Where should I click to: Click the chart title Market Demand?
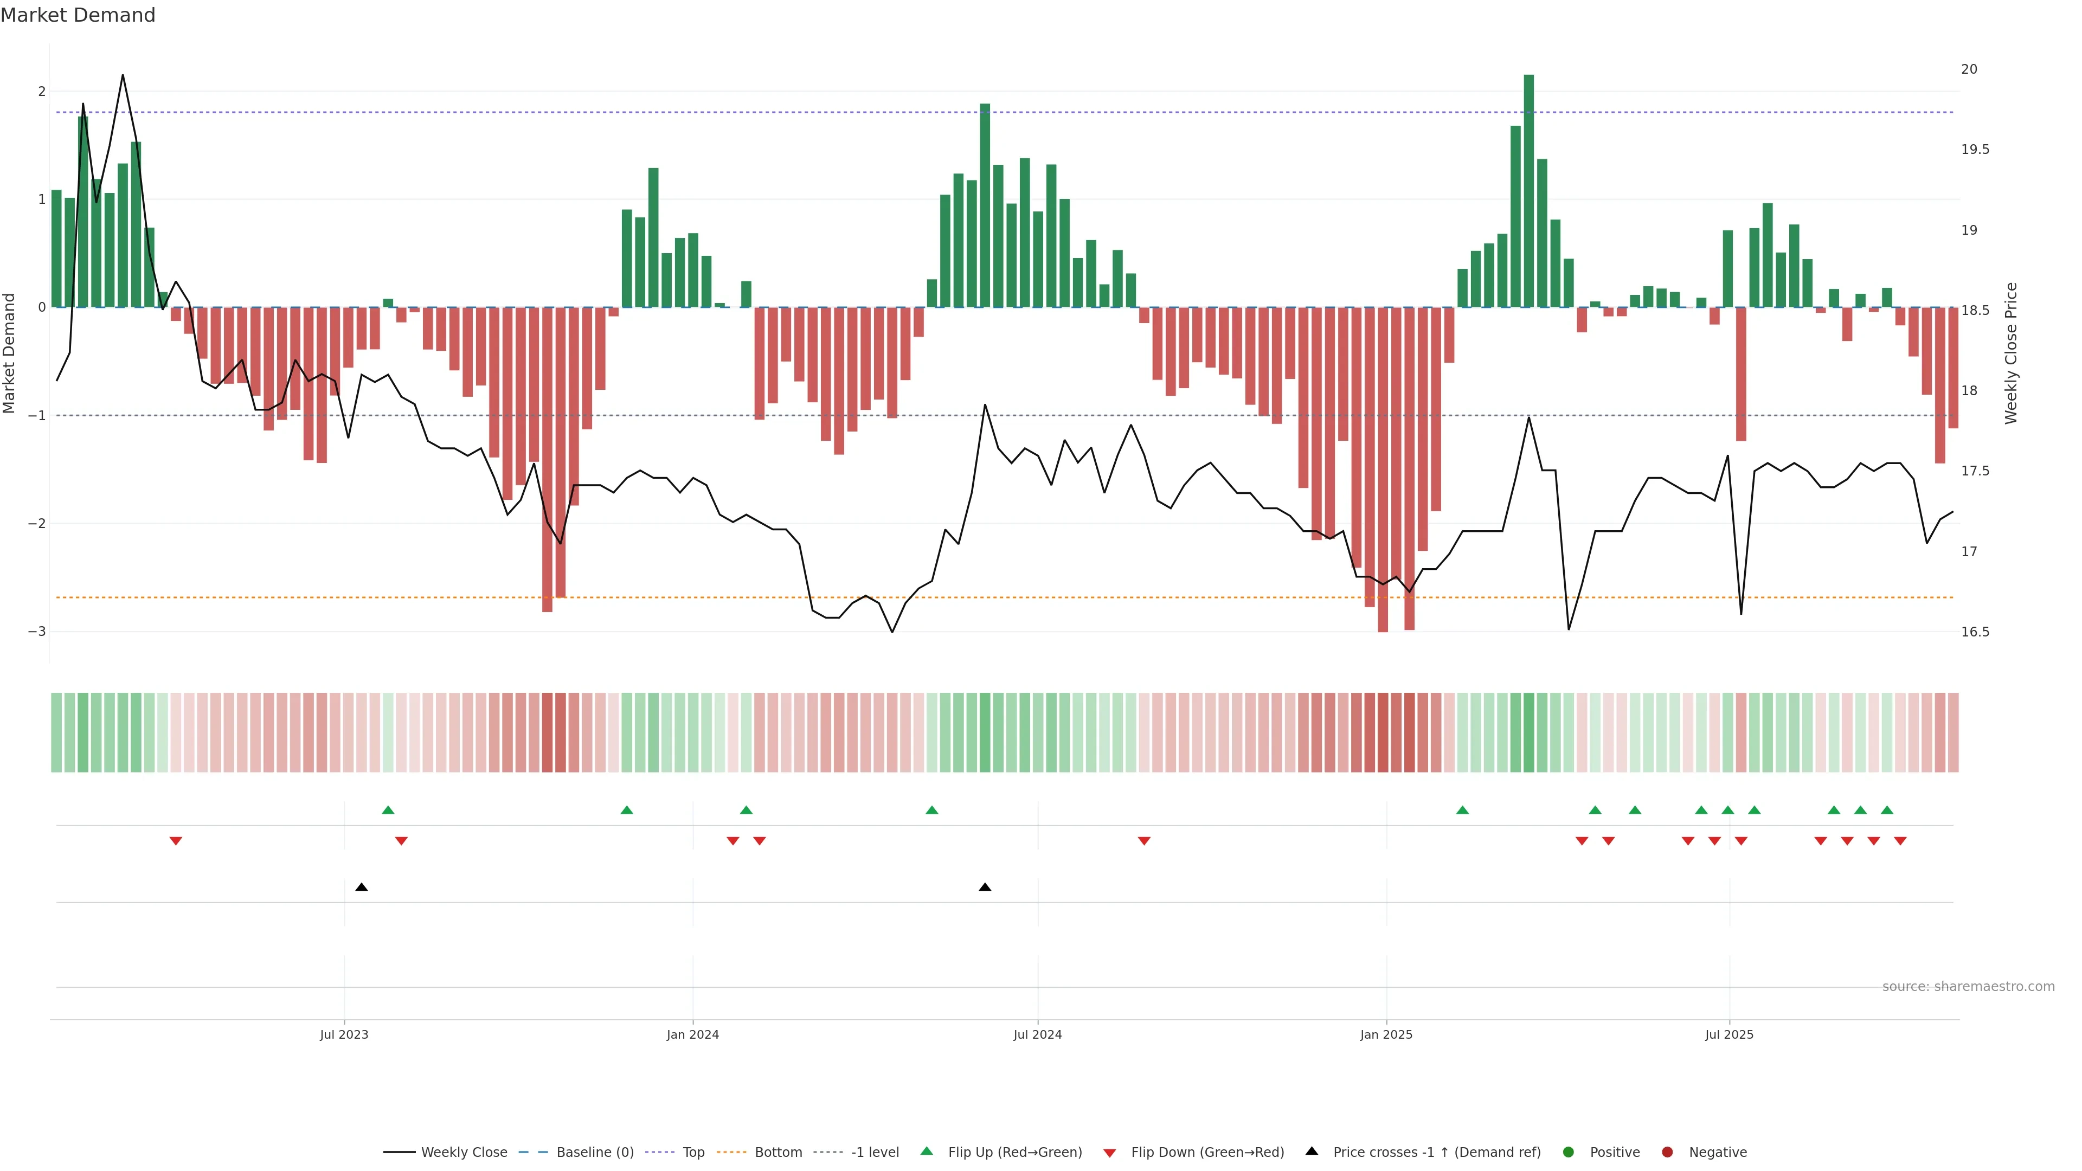click(78, 15)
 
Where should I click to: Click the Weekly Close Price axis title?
click(2011, 353)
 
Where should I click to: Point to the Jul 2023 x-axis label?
click(344, 1034)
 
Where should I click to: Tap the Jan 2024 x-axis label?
click(693, 1034)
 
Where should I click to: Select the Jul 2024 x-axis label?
click(1038, 1034)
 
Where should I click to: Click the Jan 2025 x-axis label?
click(1386, 1034)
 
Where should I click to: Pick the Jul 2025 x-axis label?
click(1729, 1034)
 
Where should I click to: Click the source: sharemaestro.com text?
click(1968, 987)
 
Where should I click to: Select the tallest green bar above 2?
click(1528, 190)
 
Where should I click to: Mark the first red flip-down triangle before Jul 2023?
click(175, 841)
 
